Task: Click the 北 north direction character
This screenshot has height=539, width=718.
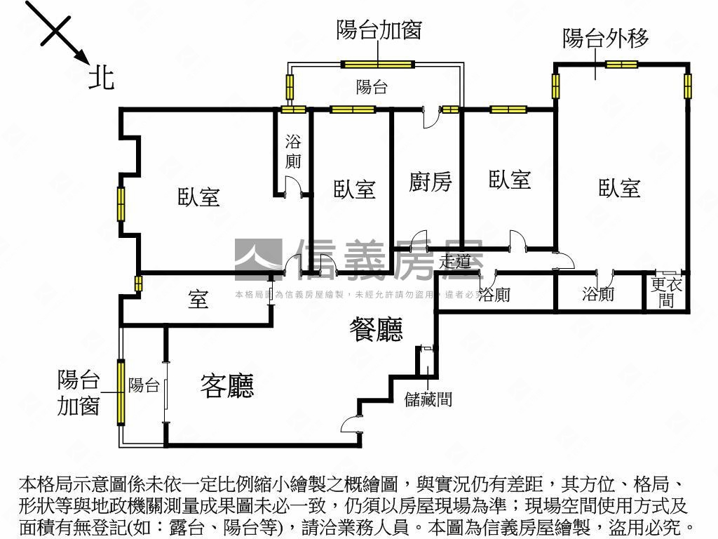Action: (101, 76)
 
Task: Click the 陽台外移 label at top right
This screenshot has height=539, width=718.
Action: (606, 38)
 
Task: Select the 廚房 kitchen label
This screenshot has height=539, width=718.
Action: (431, 182)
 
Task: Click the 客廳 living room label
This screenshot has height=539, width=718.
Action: (226, 385)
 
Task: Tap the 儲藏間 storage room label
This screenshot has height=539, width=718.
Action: (428, 400)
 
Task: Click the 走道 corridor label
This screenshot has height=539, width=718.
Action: (455, 262)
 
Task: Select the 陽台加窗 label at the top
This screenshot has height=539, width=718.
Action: (379, 30)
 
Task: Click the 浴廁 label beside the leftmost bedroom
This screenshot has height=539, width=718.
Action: (293, 151)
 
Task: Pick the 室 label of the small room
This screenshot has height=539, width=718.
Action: (198, 300)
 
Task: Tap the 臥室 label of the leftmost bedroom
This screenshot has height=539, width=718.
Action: (198, 197)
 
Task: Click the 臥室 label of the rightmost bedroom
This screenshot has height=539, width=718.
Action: (619, 188)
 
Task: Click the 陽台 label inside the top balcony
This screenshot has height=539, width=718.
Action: (372, 88)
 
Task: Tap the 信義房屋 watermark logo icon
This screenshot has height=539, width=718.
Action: (257, 259)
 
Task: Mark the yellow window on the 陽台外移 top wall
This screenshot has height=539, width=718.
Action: (621, 65)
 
